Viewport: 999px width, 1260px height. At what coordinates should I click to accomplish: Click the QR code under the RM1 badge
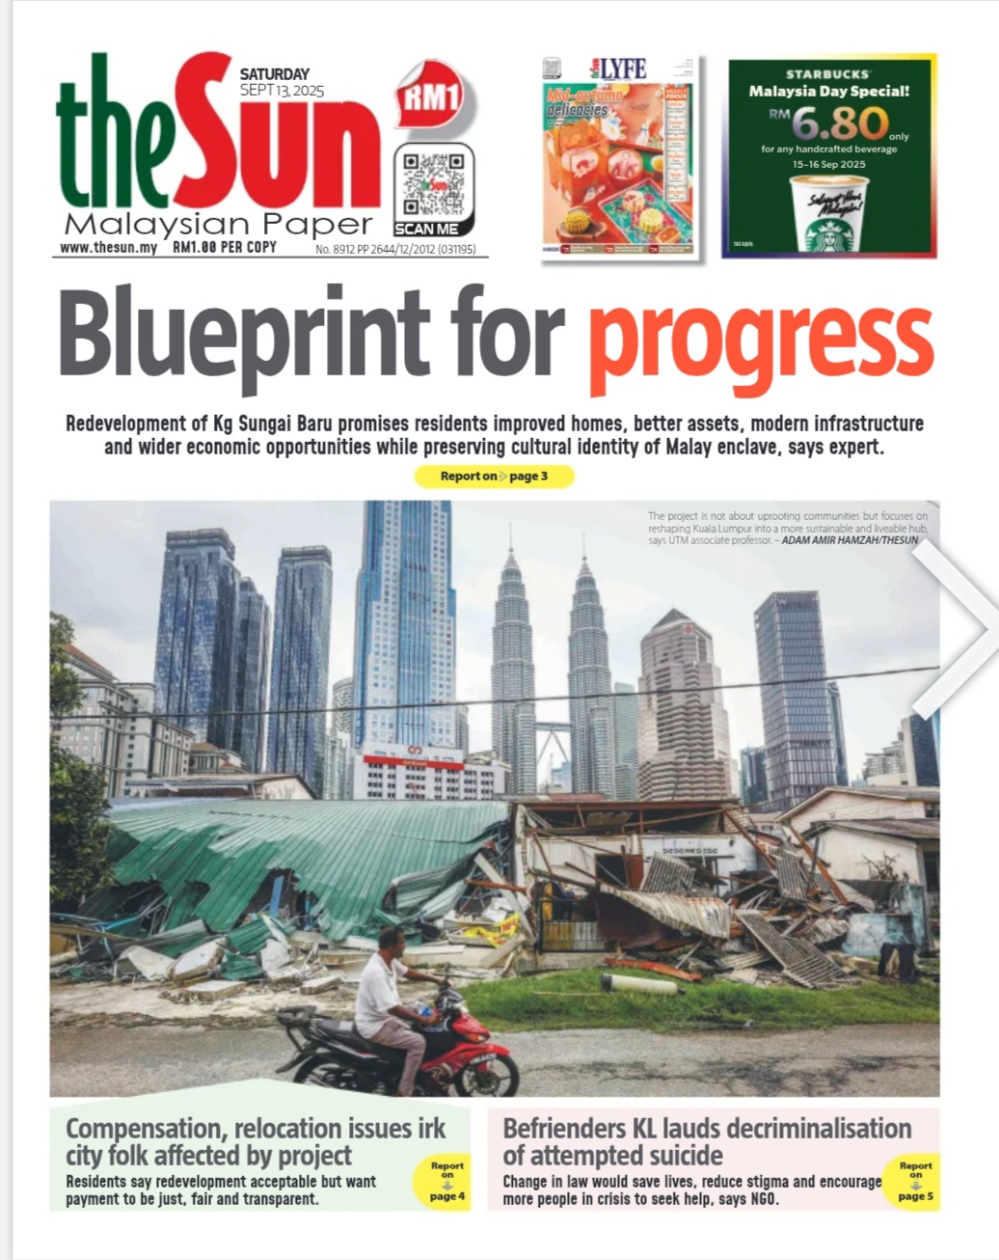[433, 183]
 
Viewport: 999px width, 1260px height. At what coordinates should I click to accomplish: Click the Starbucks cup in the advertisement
[828, 215]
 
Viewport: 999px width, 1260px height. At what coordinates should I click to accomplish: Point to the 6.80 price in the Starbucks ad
[841, 123]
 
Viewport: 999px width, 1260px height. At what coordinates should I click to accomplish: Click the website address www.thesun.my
[108, 248]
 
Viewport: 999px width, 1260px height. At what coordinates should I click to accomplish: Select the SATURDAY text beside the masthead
[275, 74]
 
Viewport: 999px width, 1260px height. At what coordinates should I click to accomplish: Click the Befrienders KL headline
[706, 1141]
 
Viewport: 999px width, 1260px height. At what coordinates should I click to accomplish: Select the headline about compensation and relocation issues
[255, 1141]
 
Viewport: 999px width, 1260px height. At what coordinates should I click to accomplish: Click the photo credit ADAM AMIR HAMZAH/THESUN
[850, 540]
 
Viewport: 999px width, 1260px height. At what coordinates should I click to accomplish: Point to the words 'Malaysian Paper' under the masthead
[218, 225]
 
